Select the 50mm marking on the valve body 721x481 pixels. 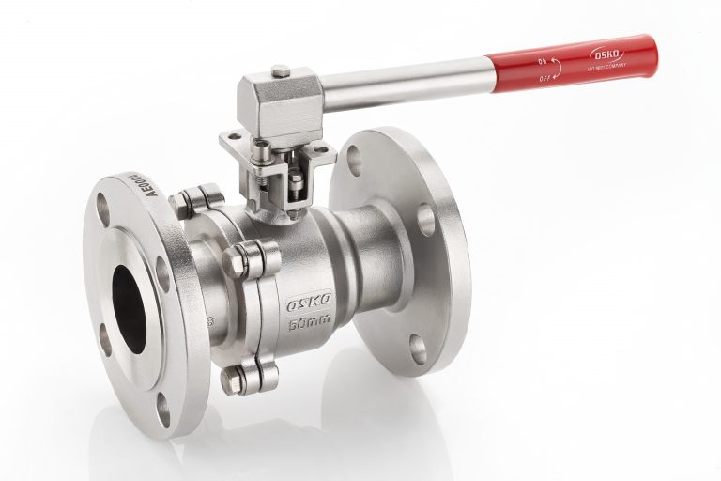coord(310,325)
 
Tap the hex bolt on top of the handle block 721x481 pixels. coord(280,70)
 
